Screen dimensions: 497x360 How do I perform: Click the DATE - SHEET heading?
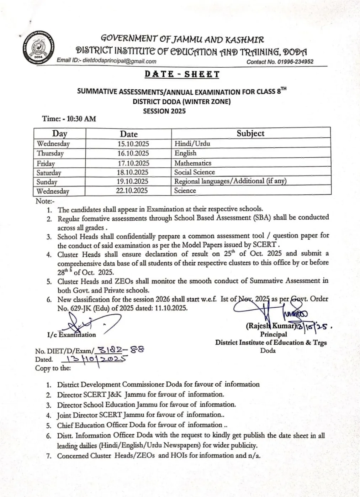click(182, 74)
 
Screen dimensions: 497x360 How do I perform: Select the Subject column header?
click(250, 134)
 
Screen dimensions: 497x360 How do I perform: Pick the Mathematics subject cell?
click(192, 163)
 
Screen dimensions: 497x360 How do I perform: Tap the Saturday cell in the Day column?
click(49, 173)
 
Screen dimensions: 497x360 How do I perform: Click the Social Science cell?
click(194, 172)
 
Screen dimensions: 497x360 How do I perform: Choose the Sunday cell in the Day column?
click(47, 182)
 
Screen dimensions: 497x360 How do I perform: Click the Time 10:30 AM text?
click(69, 119)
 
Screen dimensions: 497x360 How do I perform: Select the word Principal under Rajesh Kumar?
click(273, 334)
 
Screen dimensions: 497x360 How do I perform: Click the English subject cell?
click(185, 153)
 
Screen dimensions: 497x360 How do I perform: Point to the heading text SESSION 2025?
click(164, 111)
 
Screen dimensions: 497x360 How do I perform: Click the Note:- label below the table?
click(45, 201)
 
